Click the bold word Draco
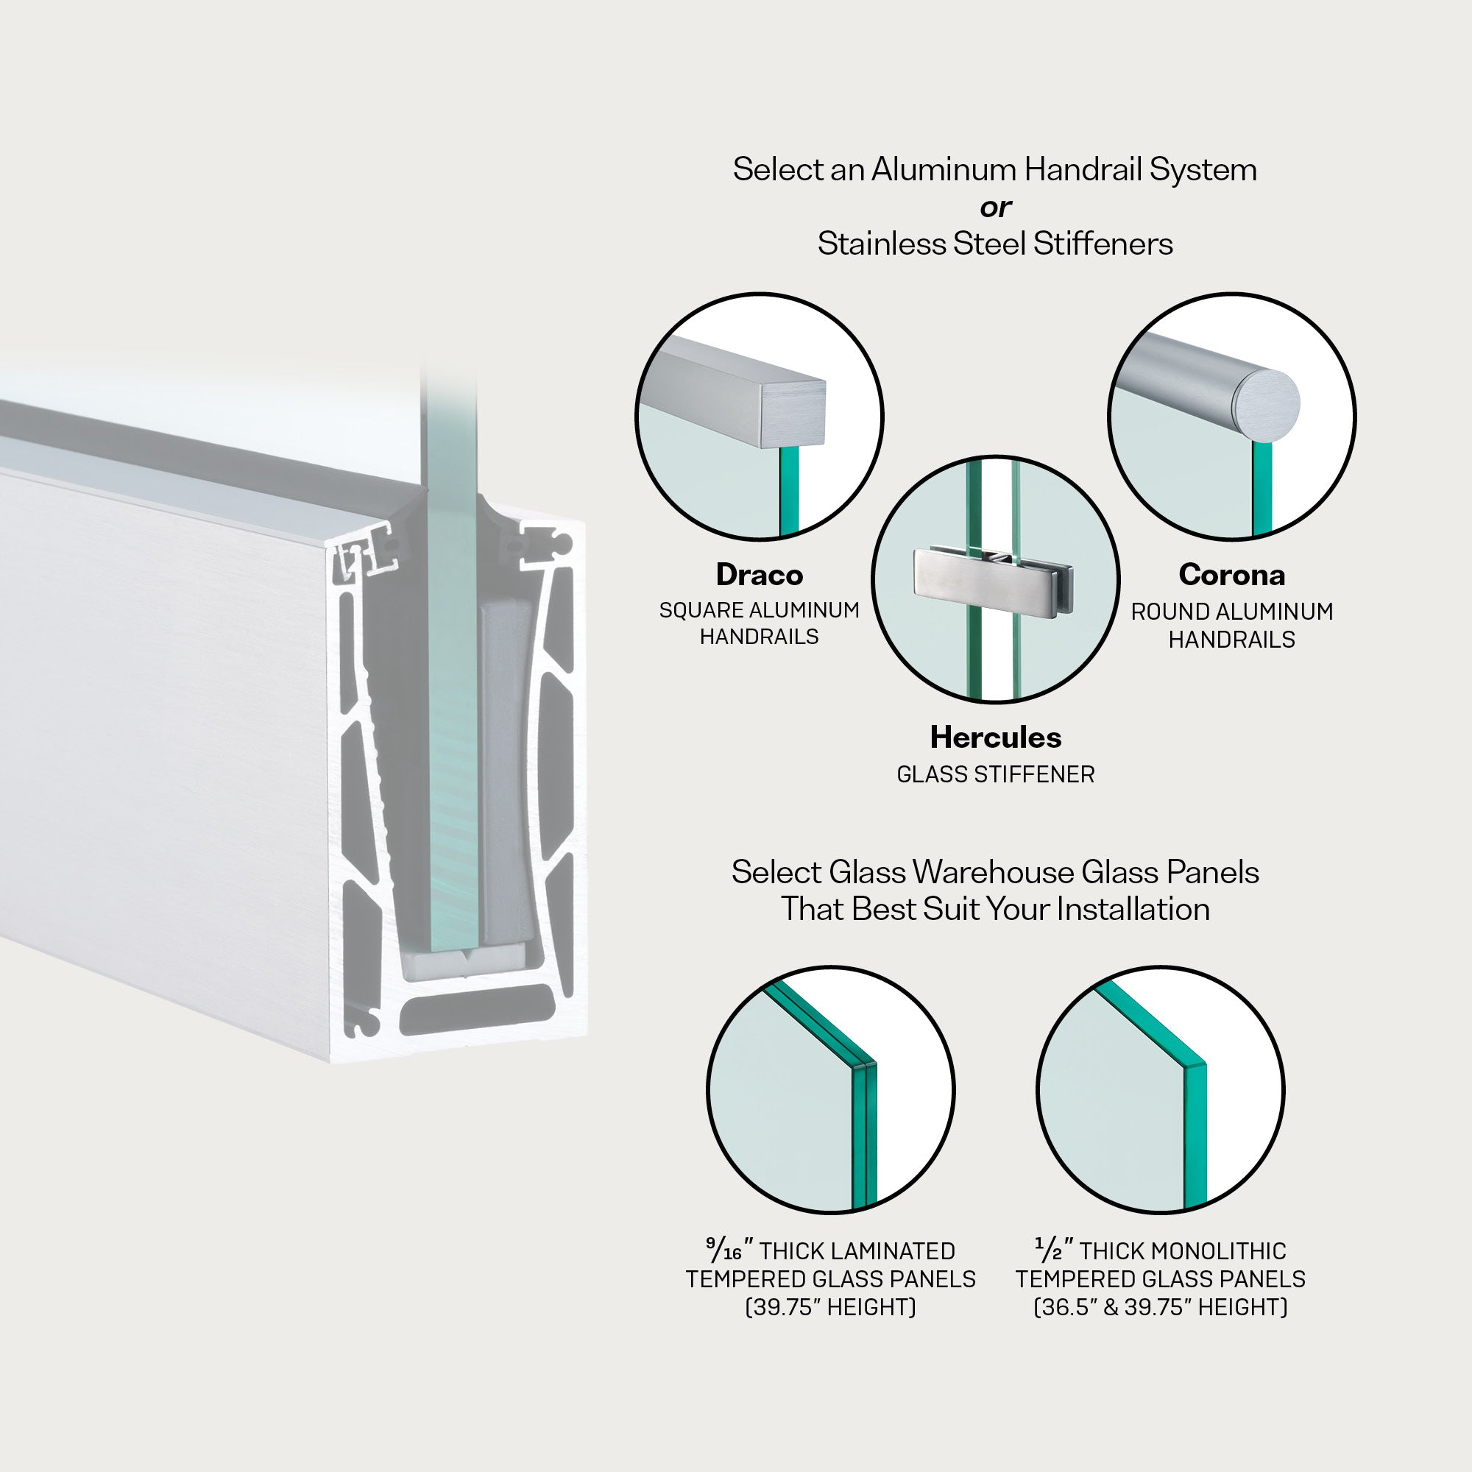click(x=759, y=575)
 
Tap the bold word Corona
click(x=1231, y=575)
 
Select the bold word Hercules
click(x=995, y=737)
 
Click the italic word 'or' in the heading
click(x=995, y=207)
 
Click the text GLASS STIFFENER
click(x=995, y=774)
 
